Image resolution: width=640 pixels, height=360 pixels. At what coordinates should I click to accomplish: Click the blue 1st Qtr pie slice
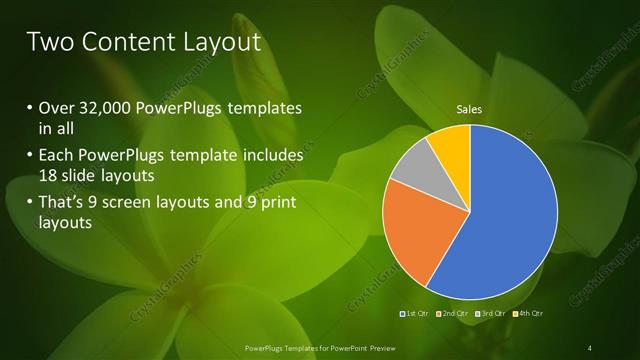[510, 220]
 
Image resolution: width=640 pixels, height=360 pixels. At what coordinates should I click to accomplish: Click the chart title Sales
[469, 109]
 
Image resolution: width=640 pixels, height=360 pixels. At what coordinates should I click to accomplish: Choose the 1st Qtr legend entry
[415, 315]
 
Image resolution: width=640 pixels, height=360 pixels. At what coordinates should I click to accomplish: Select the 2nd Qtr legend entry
[454, 315]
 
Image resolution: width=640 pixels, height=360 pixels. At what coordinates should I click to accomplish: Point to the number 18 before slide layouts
[49, 175]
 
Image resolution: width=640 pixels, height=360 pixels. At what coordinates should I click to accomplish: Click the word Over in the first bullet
[55, 108]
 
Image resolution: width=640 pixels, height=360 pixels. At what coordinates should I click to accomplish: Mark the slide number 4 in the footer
[590, 347]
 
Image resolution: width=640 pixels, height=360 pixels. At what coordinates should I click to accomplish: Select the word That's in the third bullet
[63, 203]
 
